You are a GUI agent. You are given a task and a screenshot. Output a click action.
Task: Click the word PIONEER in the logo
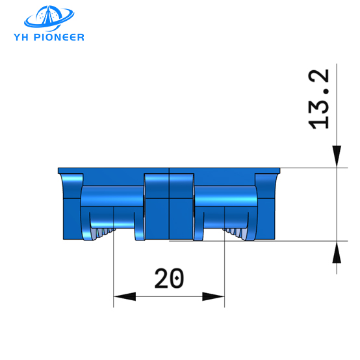pyautogui.click(x=61, y=37)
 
